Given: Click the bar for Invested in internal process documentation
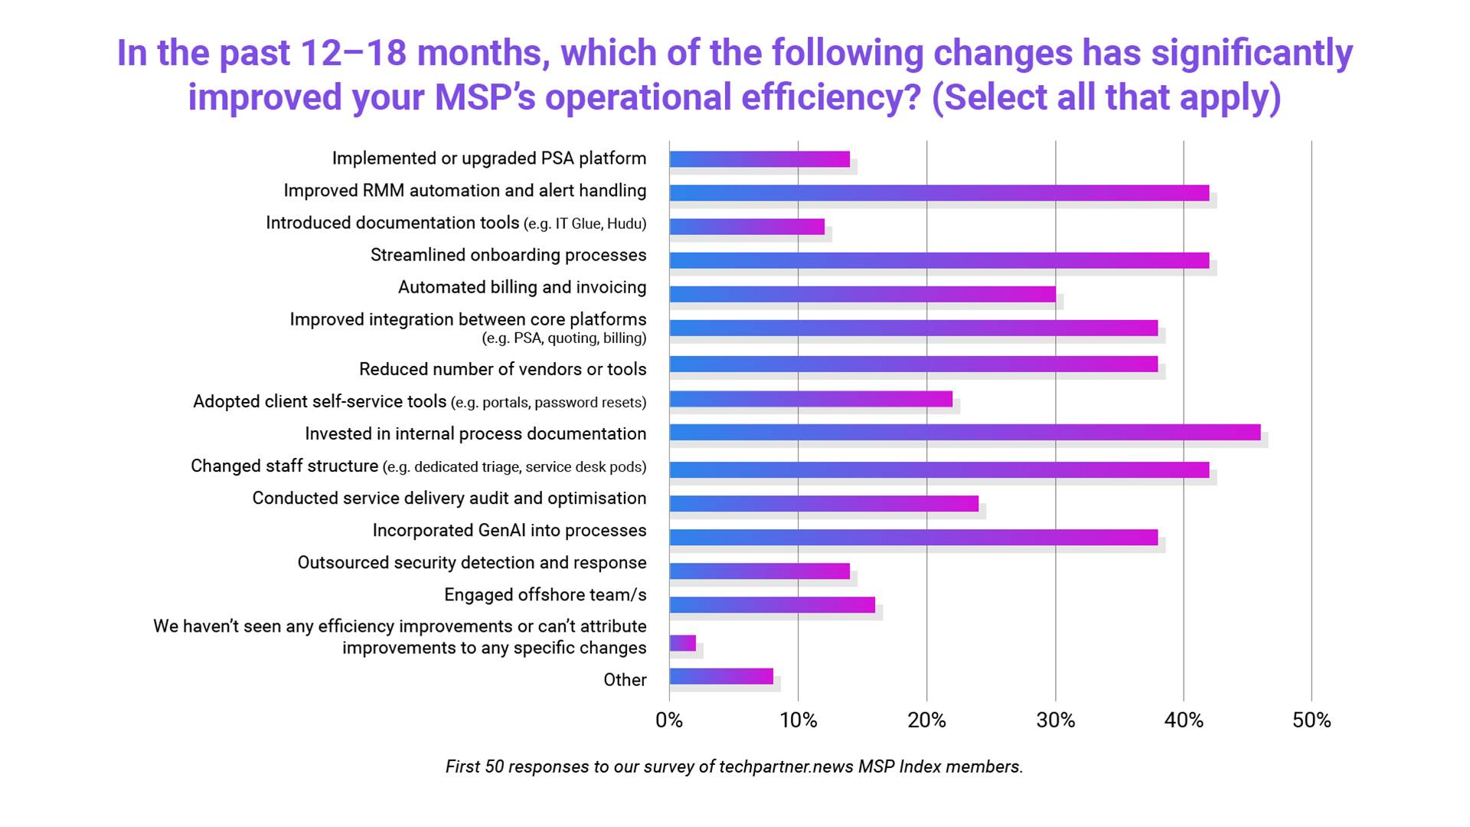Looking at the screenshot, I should [x=965, y=433].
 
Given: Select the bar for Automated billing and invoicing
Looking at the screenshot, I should [x=862, y=294].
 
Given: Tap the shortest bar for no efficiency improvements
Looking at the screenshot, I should [x=682, y=643].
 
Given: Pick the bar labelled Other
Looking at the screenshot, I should [x=721, y=676].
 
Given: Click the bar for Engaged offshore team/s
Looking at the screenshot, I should [x=772, y=605].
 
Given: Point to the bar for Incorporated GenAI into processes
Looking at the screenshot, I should [x=913, y=538].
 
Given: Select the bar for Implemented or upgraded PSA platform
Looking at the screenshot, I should [x=759, y=159].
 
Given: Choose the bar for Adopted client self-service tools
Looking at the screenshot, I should [x=811, y=399].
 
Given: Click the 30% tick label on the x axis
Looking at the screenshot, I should [x=1055, y=721].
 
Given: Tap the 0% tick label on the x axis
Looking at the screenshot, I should [x=669, y=721].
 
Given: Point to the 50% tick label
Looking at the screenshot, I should [x=1312, y=721].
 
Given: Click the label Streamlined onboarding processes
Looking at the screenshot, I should [x=508, y=255].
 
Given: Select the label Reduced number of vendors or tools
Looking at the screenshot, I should [x=502, y=369].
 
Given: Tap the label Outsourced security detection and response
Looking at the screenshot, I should [x=472, y=563].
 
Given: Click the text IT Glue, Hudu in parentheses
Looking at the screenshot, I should [x=599, y=224].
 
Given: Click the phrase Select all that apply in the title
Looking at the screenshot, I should [x=1106, y=97].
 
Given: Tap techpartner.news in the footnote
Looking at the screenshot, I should [x=786, y=767].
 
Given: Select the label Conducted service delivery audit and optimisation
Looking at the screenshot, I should [x=449, y=498].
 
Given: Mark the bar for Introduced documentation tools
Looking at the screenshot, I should [x=746, y=227].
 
